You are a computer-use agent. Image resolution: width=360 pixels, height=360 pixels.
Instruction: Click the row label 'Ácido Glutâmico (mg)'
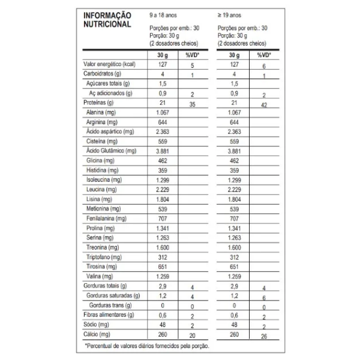[x=111, y=151]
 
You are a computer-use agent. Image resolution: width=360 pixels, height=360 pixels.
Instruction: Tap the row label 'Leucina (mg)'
[x=100, y=189]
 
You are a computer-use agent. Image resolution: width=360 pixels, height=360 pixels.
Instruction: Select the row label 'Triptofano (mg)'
[x=103, y=257]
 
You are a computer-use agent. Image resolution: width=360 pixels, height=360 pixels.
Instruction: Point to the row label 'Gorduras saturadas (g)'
[x=113, y=296]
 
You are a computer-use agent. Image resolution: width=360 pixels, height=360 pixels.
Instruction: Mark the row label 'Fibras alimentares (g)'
[x=108, y=315]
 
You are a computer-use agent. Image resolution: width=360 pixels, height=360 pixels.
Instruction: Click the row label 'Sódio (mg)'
[x=95, y=325]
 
